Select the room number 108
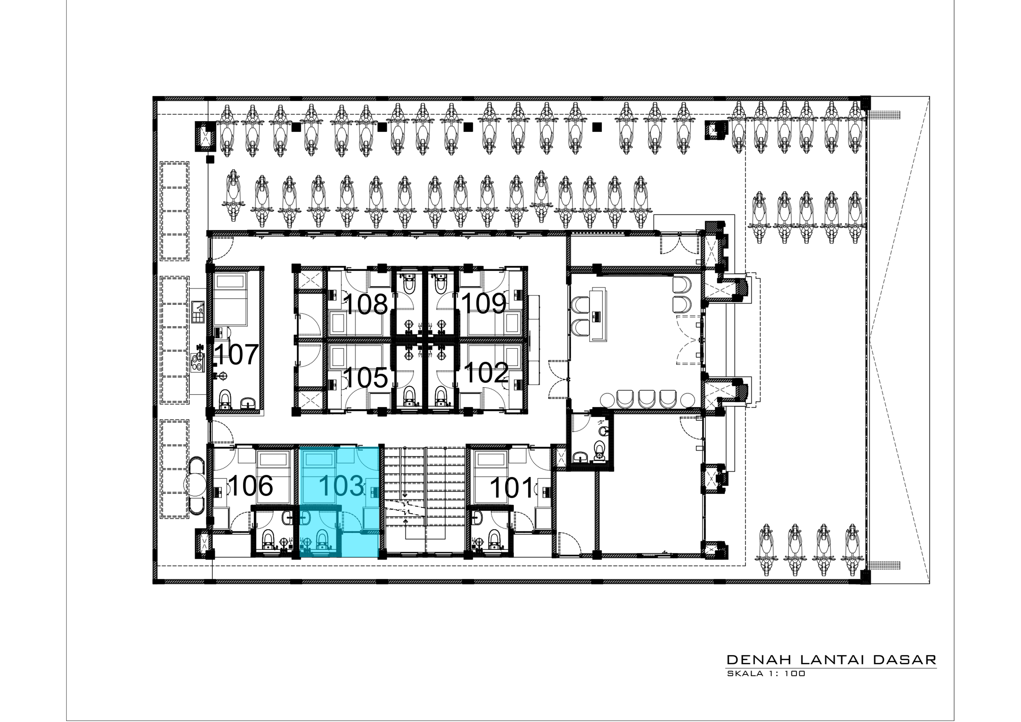click(366, 304)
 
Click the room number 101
click(511, 488)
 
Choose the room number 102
click(486, 373)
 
